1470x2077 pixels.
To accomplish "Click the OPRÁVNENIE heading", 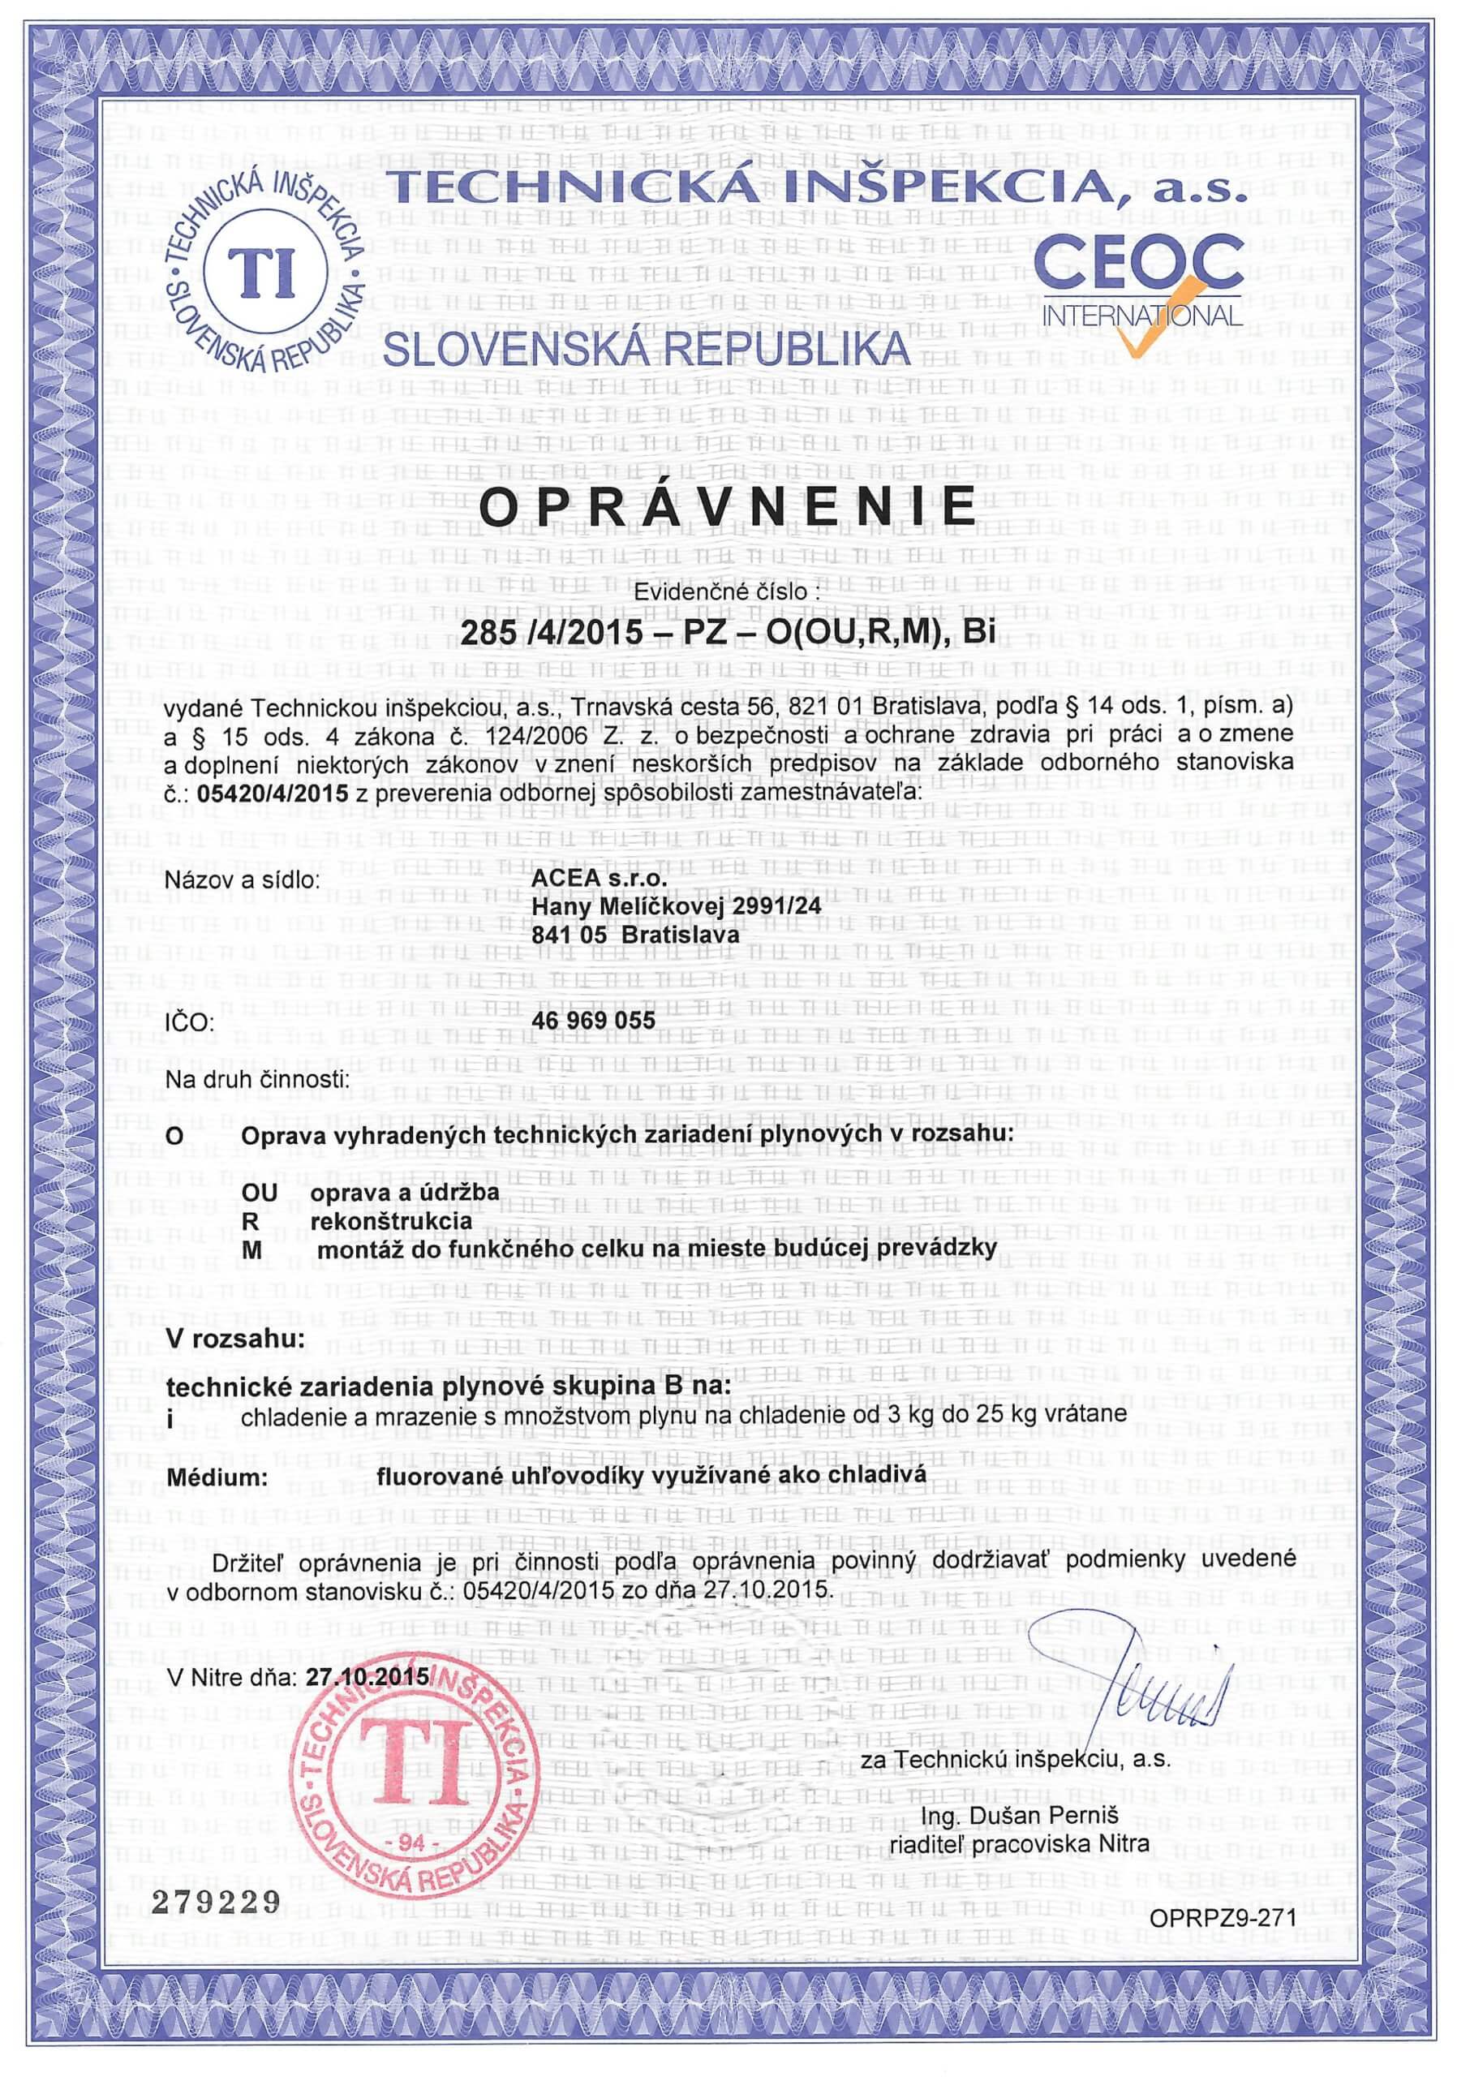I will coord(727,507).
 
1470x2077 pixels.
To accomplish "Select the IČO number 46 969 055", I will coord(595,1020).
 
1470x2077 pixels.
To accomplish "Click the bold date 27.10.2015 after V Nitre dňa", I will coord(367,1676).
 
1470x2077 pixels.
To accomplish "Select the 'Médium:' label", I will coord(217,1477).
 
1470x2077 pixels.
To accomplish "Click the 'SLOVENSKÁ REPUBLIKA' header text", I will coord(643,351).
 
